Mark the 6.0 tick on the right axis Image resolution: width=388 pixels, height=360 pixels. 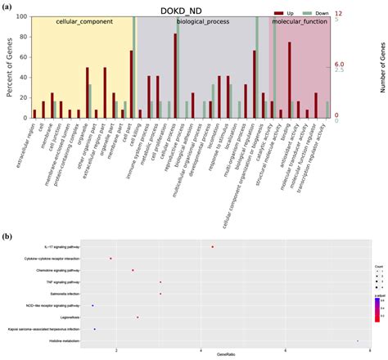pos(341,65)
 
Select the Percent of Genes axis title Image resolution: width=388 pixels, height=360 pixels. pos(9,65)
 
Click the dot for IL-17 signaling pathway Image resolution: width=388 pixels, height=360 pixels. pos(212,246)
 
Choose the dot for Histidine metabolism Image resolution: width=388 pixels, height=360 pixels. pos(358,341)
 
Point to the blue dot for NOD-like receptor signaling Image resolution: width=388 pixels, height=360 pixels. pos(93,305)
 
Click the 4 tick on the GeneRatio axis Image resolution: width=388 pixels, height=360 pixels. pos(201,349)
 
